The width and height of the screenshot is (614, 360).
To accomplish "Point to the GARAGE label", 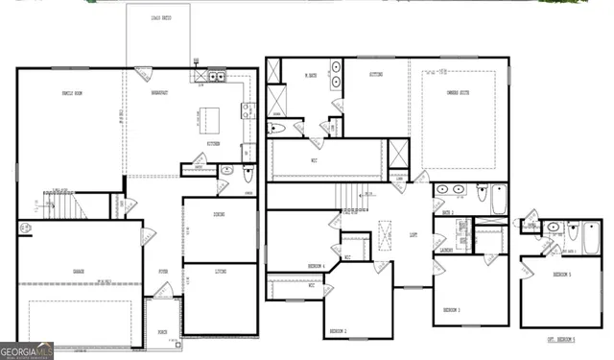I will [x=78, y=272].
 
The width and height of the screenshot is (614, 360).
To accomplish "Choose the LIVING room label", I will [x=220, y=273].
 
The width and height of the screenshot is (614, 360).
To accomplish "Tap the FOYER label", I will [x=163, y=273].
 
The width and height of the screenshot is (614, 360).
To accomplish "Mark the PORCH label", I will [x=162, y=332].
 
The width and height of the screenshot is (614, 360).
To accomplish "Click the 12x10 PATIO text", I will [x=156, y=18].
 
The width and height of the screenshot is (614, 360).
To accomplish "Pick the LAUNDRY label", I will [x=446, y=251].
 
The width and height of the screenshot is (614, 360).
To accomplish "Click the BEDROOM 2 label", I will [x=338, y=330].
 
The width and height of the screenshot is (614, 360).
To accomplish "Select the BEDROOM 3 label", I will [x=452, y=310].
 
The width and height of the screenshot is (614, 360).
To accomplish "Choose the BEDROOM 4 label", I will [x=316, y=265].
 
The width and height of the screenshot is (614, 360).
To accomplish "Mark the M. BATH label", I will [x=311, y=76].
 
